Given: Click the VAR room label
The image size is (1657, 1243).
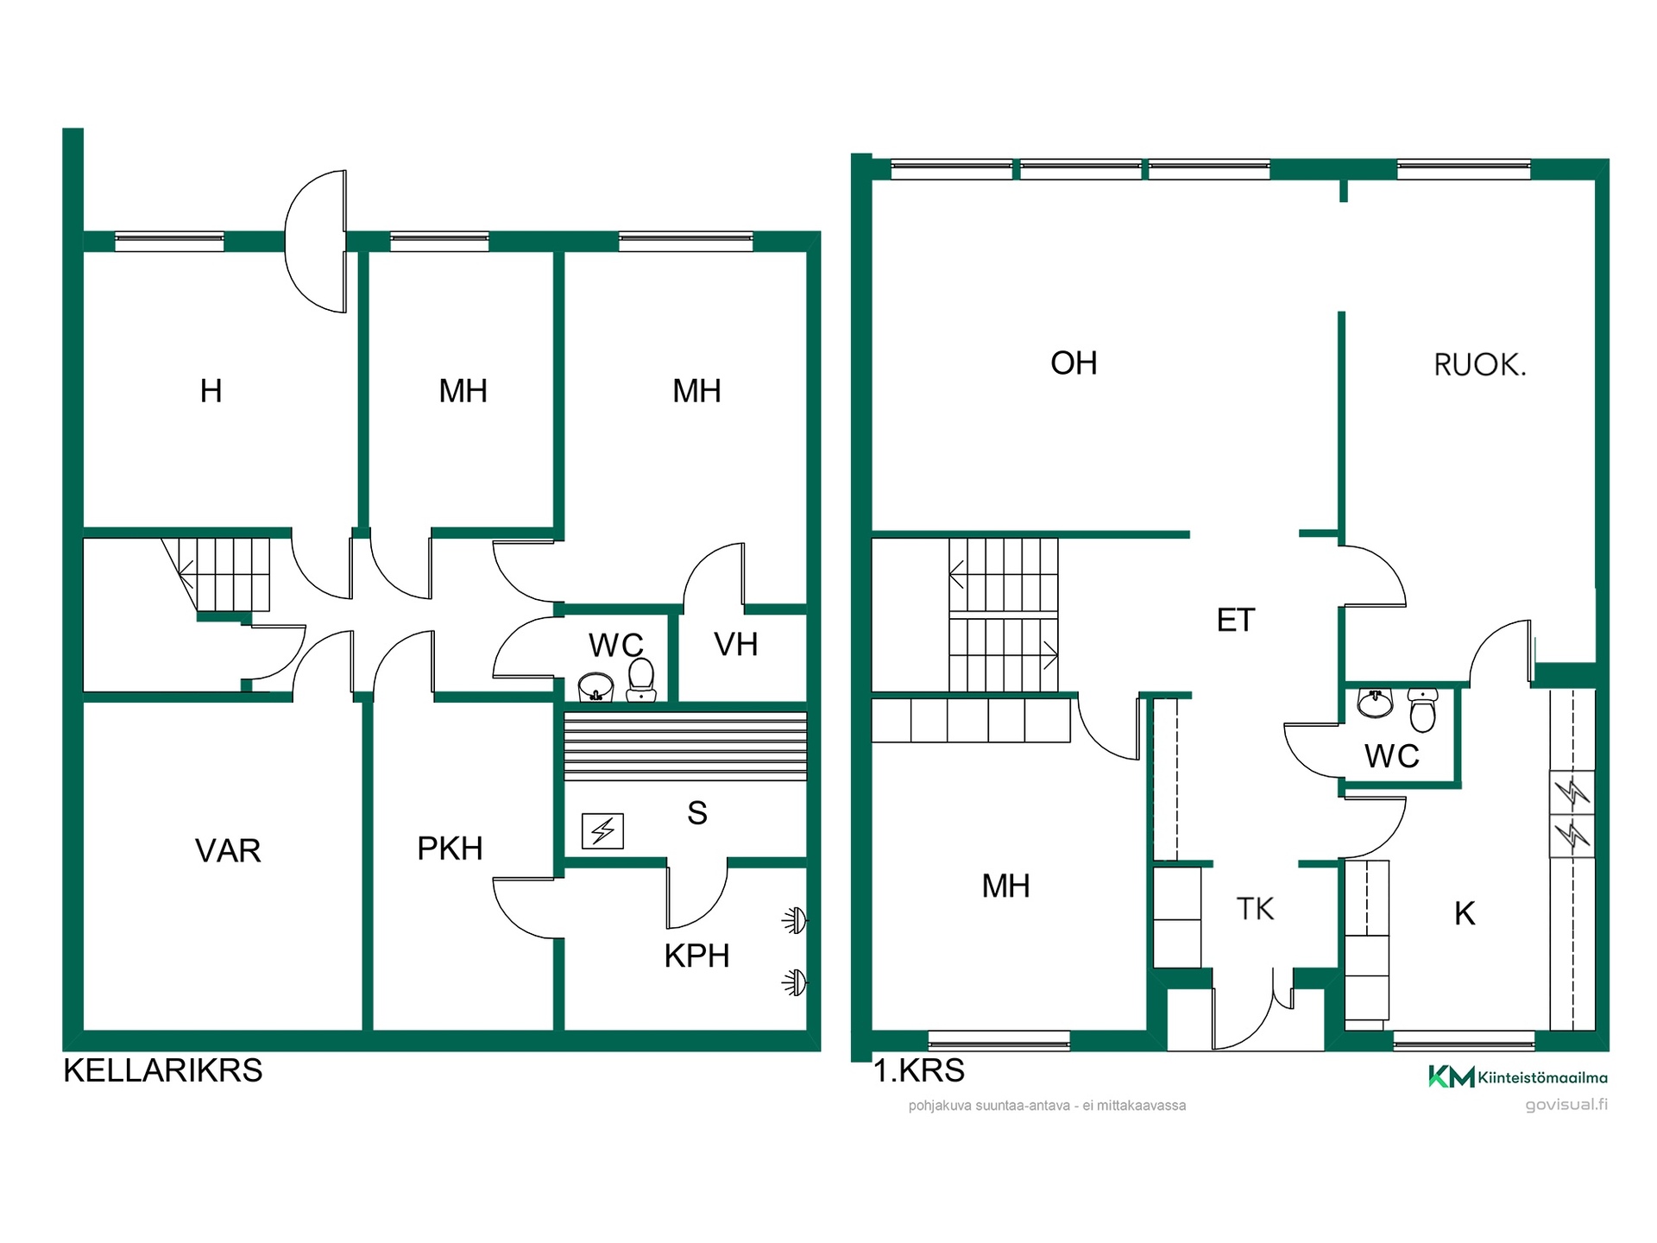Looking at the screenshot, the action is tap(228, 851).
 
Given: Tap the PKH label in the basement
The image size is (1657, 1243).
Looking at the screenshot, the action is tap(450, 849).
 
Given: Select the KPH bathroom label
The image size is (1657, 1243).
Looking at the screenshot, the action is tap(696, 956).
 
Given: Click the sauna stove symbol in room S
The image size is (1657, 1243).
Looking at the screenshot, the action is tap(602, 831).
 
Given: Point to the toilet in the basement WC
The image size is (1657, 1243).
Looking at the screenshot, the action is tap(641, 680).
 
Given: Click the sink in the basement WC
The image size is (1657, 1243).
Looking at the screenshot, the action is tap(595, 688).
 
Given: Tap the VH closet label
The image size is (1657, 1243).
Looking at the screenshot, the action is tap(736, 645).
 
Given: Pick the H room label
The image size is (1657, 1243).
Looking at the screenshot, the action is tap(211, 391).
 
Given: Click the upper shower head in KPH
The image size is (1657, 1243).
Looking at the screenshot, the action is tap(795, 921).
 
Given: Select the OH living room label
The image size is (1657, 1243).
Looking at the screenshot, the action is tap(1074, 363).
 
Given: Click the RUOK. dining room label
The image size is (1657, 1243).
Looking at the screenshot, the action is tap(1480, 365).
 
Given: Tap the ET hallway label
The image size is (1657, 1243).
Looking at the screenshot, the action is tap(1236, 621).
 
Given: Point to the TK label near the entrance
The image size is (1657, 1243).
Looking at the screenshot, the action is tap(1255, 909).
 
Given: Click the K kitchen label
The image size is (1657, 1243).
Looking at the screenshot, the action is tap(1465, 913).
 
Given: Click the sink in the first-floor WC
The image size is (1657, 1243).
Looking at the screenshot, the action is tap(1375, 703).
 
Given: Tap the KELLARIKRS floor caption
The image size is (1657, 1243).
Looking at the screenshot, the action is tap(163, 1070).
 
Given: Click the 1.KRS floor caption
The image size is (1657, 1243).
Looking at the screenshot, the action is tap(919, 1070).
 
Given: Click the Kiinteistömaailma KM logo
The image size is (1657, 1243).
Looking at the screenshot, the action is tap(1518, 1076).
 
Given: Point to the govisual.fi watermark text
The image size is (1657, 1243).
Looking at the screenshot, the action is tap(1566, 1105).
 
